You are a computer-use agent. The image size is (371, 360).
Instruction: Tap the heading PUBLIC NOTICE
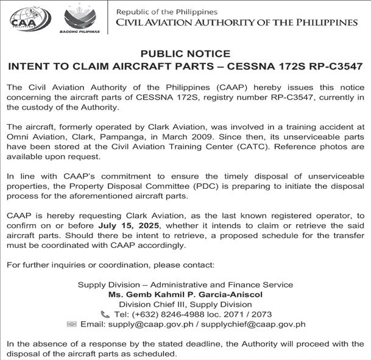pyautogui.click(x=185, y=54)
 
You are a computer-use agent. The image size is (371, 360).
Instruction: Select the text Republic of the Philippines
pyautogui.click(x=166, y=12)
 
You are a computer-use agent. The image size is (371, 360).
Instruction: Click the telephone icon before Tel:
pyautogui.click(x=105, y=314)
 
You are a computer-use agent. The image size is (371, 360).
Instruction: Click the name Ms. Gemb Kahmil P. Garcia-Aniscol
pyautogui.click(x=185, y=295)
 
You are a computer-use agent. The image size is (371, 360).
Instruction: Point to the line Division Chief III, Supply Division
pyautogui.click(x=185, y=305)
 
